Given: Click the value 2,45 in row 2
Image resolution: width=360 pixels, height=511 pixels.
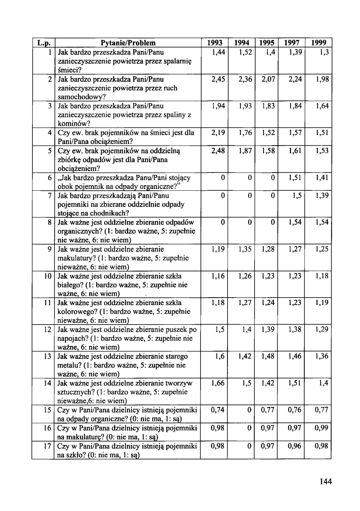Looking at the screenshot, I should coord(219,79).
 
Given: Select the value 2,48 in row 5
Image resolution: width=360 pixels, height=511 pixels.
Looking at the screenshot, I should coord(219,150).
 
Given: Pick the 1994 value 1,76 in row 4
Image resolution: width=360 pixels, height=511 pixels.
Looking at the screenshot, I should coord(245,133).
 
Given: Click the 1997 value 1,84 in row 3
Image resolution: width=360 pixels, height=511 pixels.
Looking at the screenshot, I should coord(295,106).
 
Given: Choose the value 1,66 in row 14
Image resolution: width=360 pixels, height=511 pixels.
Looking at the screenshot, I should coord(219,383).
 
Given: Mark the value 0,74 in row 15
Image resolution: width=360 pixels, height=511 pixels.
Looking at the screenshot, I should coord(219,410).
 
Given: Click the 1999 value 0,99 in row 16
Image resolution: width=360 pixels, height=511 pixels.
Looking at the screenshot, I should coord(321,428).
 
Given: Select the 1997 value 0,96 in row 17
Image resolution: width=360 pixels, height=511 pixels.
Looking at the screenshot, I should coord(295,446).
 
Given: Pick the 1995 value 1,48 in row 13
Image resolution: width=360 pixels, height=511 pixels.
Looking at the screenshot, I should coord(268,357).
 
